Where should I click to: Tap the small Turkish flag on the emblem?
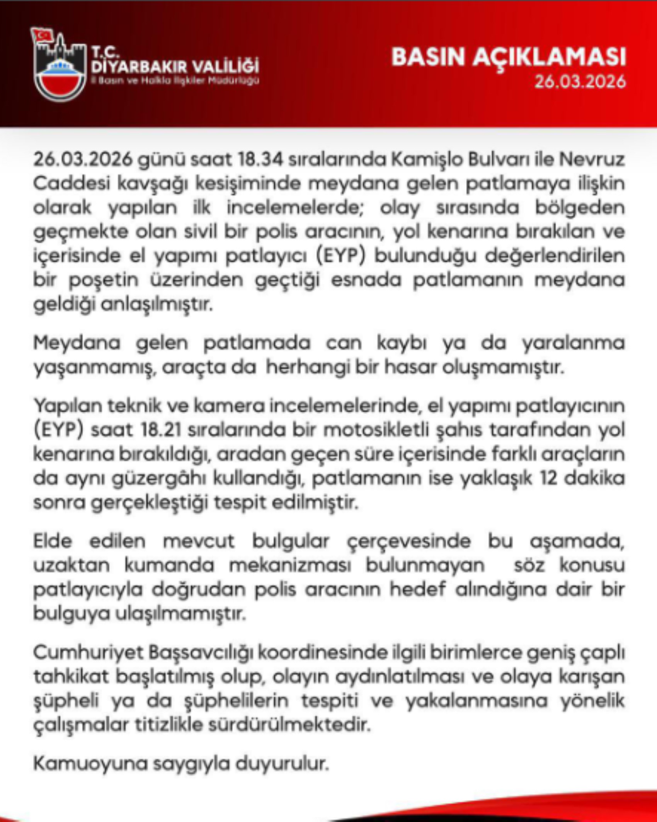43,35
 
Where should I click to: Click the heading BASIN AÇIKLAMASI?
509,57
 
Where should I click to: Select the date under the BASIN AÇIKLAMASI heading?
580,82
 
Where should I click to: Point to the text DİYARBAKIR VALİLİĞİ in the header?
175,67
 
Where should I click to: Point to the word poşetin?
104,280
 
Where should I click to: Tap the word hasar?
410,367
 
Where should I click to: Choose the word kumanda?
169,565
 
